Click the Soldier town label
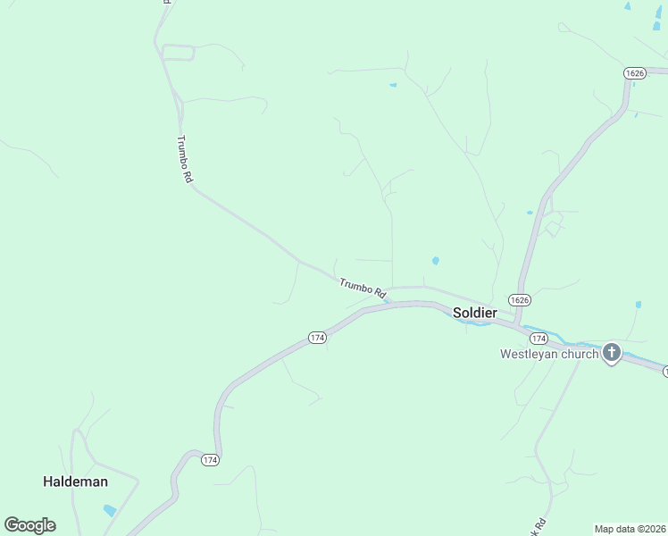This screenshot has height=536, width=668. pos(474,313)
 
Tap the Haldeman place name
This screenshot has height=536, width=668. pos(75,482)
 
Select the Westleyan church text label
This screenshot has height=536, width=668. pos(548,355)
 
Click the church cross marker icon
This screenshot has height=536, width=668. pos(612,353)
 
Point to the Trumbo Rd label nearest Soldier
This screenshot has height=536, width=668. pos(363,288)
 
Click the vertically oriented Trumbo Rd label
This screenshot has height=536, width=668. pos(185,160)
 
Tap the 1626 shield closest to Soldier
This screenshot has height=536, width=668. pos(520,299)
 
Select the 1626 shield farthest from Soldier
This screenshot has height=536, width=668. pos(634,73)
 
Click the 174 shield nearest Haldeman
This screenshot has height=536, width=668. pos(210,459)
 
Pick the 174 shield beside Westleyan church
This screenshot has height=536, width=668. pos(538,339)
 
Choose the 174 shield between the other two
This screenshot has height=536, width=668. pos(317,338)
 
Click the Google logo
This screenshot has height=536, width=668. pos(29,525)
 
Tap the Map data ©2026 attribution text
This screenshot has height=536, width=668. pos(630,529)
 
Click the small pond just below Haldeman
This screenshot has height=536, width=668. pos(110,511)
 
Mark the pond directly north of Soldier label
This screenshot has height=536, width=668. pos(435,261)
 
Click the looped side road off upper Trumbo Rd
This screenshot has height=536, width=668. pos(178,53)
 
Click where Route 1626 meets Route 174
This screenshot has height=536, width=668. pos(516,320)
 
